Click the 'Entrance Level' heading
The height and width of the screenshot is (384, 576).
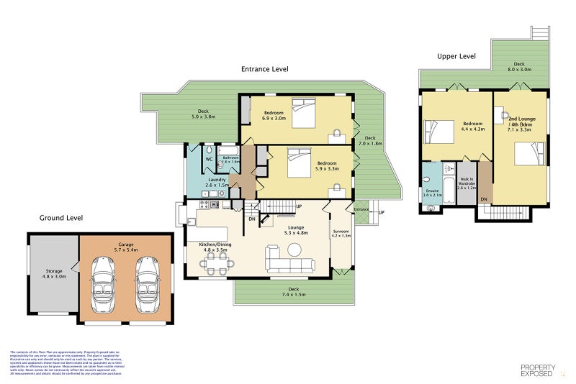click(264, 70)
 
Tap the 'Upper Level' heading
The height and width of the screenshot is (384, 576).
click(456, 55)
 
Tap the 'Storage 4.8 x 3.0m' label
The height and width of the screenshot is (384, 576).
click(54, 273)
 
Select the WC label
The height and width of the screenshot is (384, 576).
click(209, 158)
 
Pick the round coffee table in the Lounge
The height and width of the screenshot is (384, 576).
click(295, 250)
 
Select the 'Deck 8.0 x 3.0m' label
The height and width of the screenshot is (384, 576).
click(518, 67)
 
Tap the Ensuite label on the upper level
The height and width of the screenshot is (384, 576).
click(432, 193)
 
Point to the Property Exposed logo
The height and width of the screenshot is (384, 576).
click(537, 370)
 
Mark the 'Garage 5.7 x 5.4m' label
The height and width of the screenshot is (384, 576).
click(126, 247)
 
